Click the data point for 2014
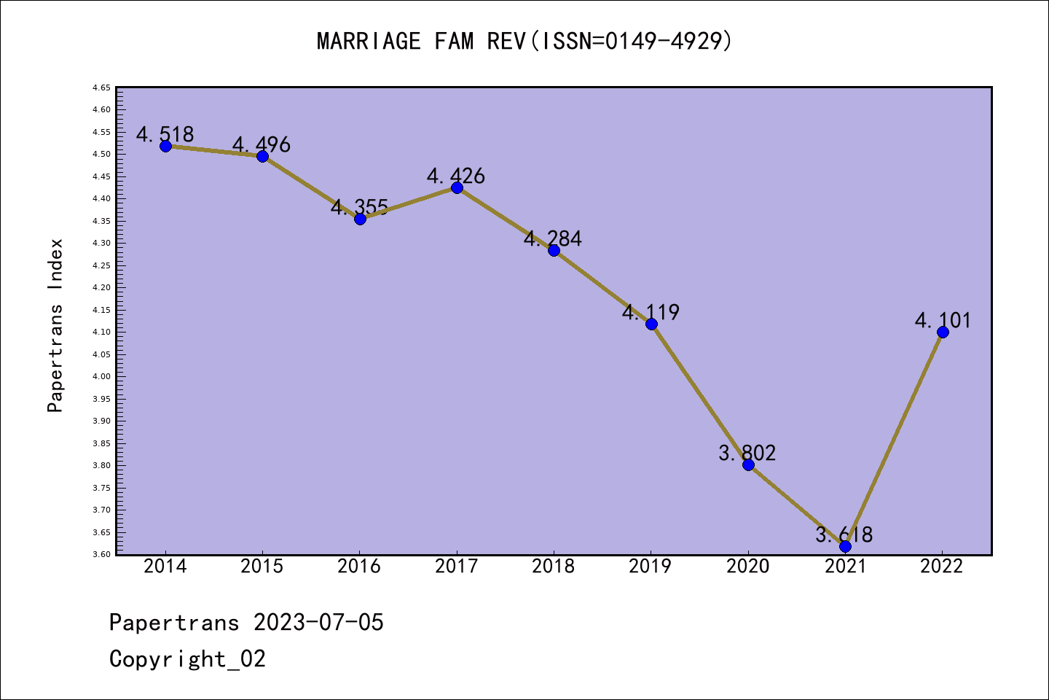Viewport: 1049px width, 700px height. pos(165,146)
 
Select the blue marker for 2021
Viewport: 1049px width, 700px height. pos(845,546)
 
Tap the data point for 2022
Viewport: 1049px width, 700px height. pos(943,332)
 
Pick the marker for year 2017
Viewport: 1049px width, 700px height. pos(457,187)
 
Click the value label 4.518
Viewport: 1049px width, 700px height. pos(165,134)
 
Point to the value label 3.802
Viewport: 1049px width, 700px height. pos(747,453)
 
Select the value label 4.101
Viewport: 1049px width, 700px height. pos(943,320)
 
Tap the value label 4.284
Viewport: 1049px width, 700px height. pos(553,238)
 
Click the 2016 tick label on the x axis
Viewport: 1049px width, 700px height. pos(359,567)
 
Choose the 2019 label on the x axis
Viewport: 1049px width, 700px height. pos(651,567)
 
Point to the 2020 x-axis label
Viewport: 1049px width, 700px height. pos(747,567)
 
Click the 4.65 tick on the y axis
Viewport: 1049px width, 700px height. pos(101,87)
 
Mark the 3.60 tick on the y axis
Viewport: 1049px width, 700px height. pos(101,554)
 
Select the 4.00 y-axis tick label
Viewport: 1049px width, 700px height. pos(101,376)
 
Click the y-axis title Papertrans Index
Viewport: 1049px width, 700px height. pos(55,325)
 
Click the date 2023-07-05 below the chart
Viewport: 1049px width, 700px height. pos(318,622)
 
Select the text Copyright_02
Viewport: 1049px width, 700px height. pos(187,658)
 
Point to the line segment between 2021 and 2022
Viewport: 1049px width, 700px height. pos(894,439)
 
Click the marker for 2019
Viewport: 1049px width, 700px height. pos(651,324)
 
